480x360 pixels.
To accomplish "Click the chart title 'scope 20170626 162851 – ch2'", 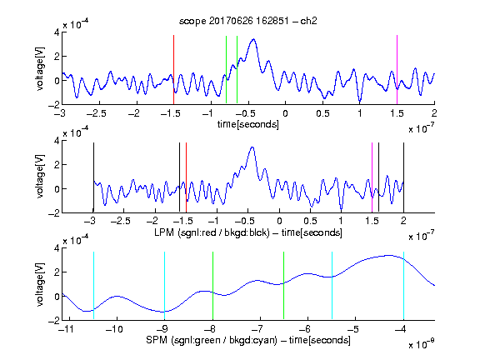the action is [x=248, y=21].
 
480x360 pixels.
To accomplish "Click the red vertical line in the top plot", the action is [x=173, y=70].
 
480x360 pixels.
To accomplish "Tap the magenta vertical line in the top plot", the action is [x=397, y=70].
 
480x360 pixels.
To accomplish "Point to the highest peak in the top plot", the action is [x=253, y=39].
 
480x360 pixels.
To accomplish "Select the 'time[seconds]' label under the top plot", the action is [x=248, y=124].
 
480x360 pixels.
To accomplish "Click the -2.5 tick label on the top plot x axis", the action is [x=97, y=113].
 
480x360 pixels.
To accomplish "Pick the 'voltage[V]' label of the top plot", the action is [x=40, y=69].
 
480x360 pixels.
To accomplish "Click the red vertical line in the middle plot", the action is [x=186, y=177].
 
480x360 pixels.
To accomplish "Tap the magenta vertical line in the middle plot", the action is [x=372, y=177].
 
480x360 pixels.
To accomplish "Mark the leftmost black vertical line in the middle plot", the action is [x=93, y=177].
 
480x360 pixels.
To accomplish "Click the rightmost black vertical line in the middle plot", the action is [x=403, y=177].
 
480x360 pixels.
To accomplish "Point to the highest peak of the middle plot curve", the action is [x=252, y=147].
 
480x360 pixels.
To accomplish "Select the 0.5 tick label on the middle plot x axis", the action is [x=310, y=221].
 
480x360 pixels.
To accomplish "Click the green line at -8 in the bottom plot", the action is [x=212, y=285].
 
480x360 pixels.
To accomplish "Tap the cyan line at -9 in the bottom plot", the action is [x=164, y=285].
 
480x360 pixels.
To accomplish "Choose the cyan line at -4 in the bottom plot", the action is [x=403, y=285].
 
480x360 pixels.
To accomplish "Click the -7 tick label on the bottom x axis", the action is [x=257, y=329].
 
